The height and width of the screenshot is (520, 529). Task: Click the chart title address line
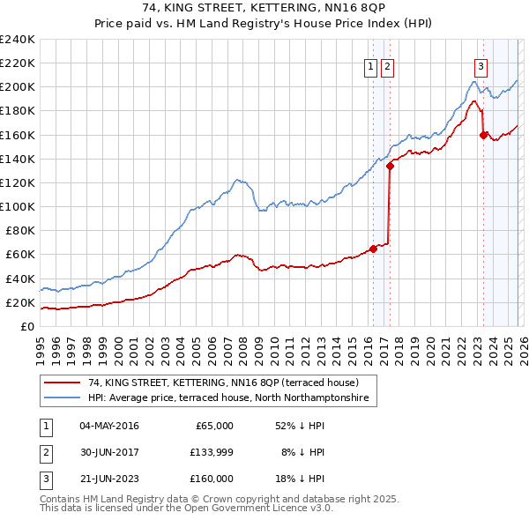point(264,8)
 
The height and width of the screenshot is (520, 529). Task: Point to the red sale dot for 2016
point(373,249)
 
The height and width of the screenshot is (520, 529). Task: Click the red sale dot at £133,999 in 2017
point(390,166)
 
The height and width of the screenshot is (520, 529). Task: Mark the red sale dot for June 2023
point(483,135)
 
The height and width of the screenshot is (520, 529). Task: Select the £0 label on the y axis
point(26,326)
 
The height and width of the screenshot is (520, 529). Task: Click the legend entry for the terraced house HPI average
point(232,399)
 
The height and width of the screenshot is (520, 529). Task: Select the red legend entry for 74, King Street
point(223,383)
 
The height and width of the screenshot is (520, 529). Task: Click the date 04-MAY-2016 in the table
point(109,426)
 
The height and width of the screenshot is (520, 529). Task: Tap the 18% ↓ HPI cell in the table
point(300,479)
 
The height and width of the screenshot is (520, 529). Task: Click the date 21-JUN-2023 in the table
point(109,479)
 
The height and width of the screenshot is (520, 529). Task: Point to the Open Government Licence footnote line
point(186,509)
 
